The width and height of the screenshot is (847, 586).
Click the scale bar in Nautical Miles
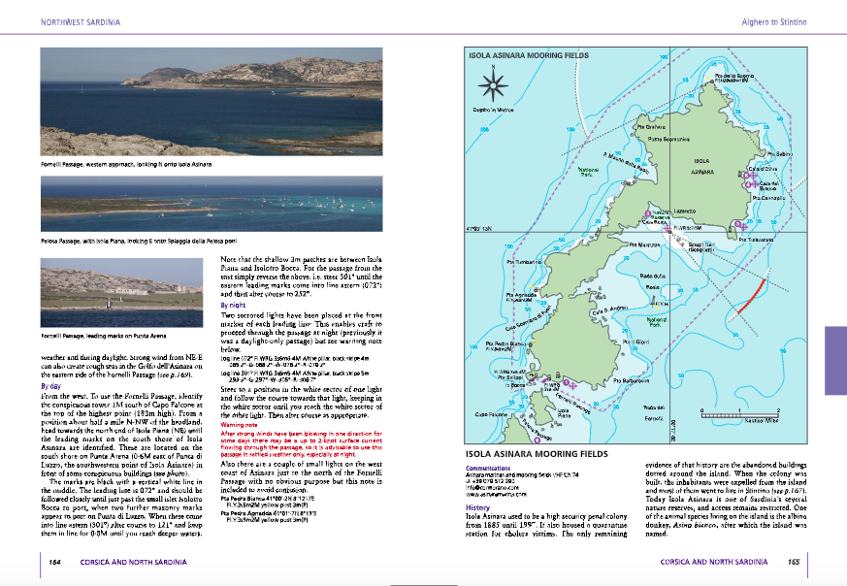pyautogui.click(x=745, y=416)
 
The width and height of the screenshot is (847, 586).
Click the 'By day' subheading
pyautogui.click(x=50, y=385)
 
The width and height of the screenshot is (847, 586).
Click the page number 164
pyautogui.click(x=55, y=561)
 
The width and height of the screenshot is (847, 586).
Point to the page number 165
pyautogui.click(x=793, y=561)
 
